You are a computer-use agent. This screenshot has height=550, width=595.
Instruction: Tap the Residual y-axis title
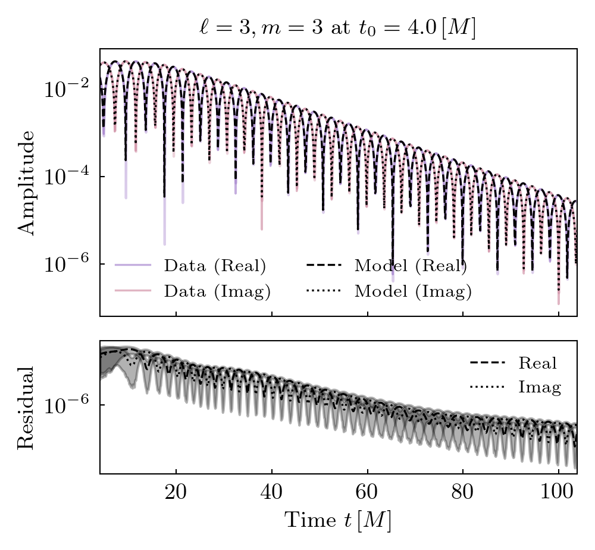pos(26,407)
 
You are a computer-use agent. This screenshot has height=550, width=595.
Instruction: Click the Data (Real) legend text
pos(215,266)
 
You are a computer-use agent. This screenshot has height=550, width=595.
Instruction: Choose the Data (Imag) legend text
pos(217,291)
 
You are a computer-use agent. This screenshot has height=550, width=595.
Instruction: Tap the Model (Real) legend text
pos(411,266)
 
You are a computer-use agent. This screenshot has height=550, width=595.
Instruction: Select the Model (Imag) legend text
pos(413,291)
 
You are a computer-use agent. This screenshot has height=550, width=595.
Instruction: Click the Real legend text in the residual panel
pos(537,363)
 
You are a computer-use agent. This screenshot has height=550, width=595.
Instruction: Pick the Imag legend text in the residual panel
pos(540,388)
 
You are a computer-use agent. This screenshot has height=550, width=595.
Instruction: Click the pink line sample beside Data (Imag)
pos(133,291)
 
